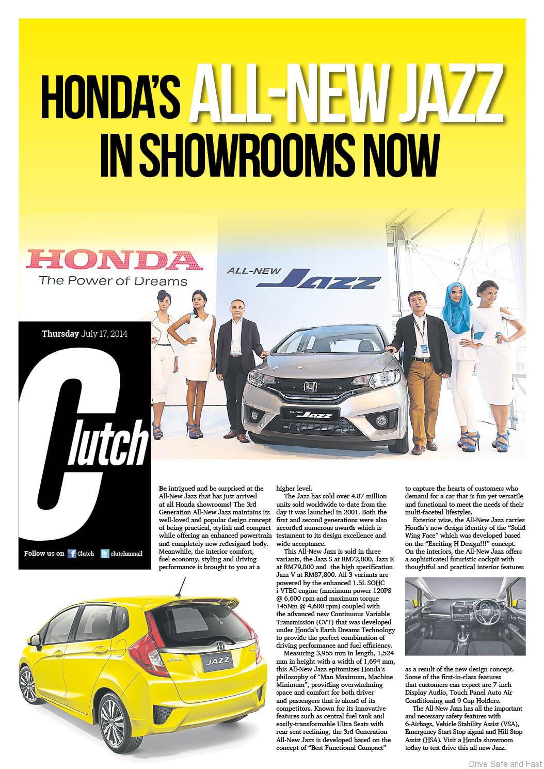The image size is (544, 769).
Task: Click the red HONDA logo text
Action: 109,261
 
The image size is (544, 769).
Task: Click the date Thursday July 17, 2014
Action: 85,334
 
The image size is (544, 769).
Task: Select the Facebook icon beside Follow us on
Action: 72,553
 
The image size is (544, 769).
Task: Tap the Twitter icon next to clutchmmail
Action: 105,553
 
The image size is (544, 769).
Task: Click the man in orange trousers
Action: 412,362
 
